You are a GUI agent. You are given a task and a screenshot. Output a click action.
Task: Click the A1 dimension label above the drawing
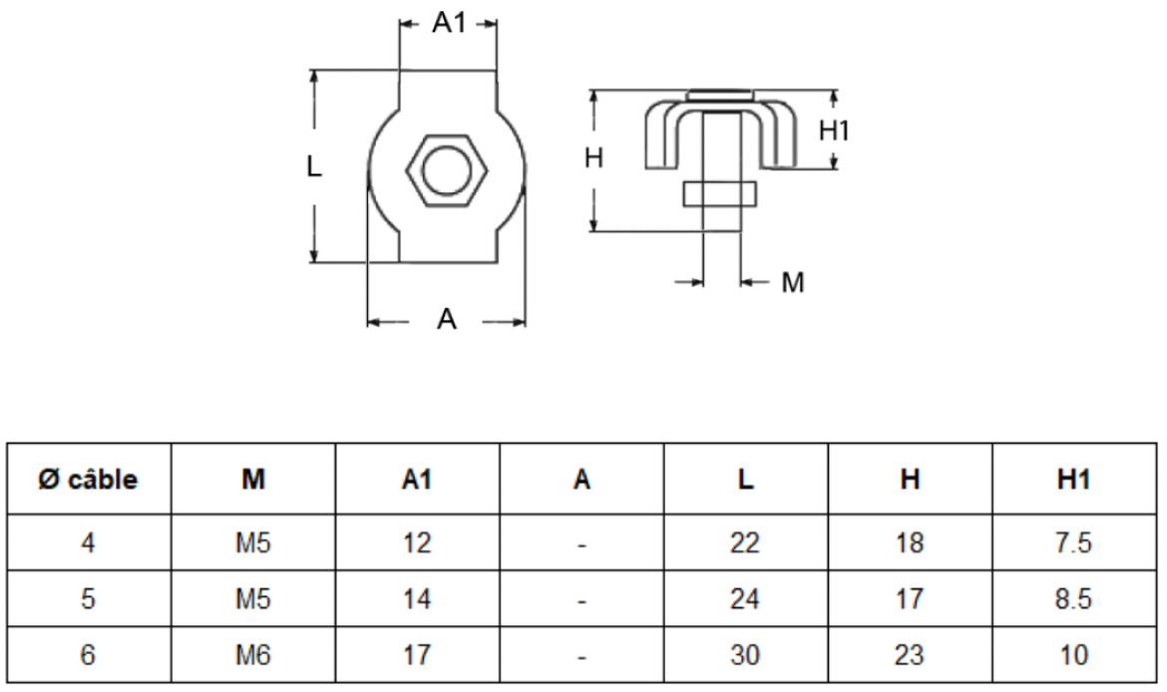tap(449, 24)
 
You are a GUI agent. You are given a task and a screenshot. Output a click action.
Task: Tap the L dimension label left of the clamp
tap(314, 168)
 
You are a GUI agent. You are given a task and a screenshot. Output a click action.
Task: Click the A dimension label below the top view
tap(448, 320)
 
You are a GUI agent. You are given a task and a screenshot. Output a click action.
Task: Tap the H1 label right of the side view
tap(835, 130)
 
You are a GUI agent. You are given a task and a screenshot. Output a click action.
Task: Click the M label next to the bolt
tap(792, 283)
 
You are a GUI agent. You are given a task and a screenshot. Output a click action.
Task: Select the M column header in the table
tap(252, 480)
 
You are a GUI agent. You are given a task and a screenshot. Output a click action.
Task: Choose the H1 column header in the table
tap(1074, 480)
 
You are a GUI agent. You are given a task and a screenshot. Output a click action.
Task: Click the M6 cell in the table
tap(252, 654)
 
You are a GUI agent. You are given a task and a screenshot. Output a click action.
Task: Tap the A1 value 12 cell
tap(417, 543)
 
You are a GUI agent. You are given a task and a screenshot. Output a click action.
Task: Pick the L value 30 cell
tap(745, 654)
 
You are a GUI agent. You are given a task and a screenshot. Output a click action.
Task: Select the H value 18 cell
tap(910, 543)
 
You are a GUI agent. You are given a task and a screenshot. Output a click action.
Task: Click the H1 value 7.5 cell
tap(1074, 543)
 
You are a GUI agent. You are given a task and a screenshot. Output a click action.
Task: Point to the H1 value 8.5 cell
tap(1074, 599)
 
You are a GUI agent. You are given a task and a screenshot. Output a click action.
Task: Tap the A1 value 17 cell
tap(417, 654)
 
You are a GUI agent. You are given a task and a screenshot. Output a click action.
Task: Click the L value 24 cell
tap(745, 599)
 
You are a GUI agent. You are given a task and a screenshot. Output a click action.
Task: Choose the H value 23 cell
tap(910, 654)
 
